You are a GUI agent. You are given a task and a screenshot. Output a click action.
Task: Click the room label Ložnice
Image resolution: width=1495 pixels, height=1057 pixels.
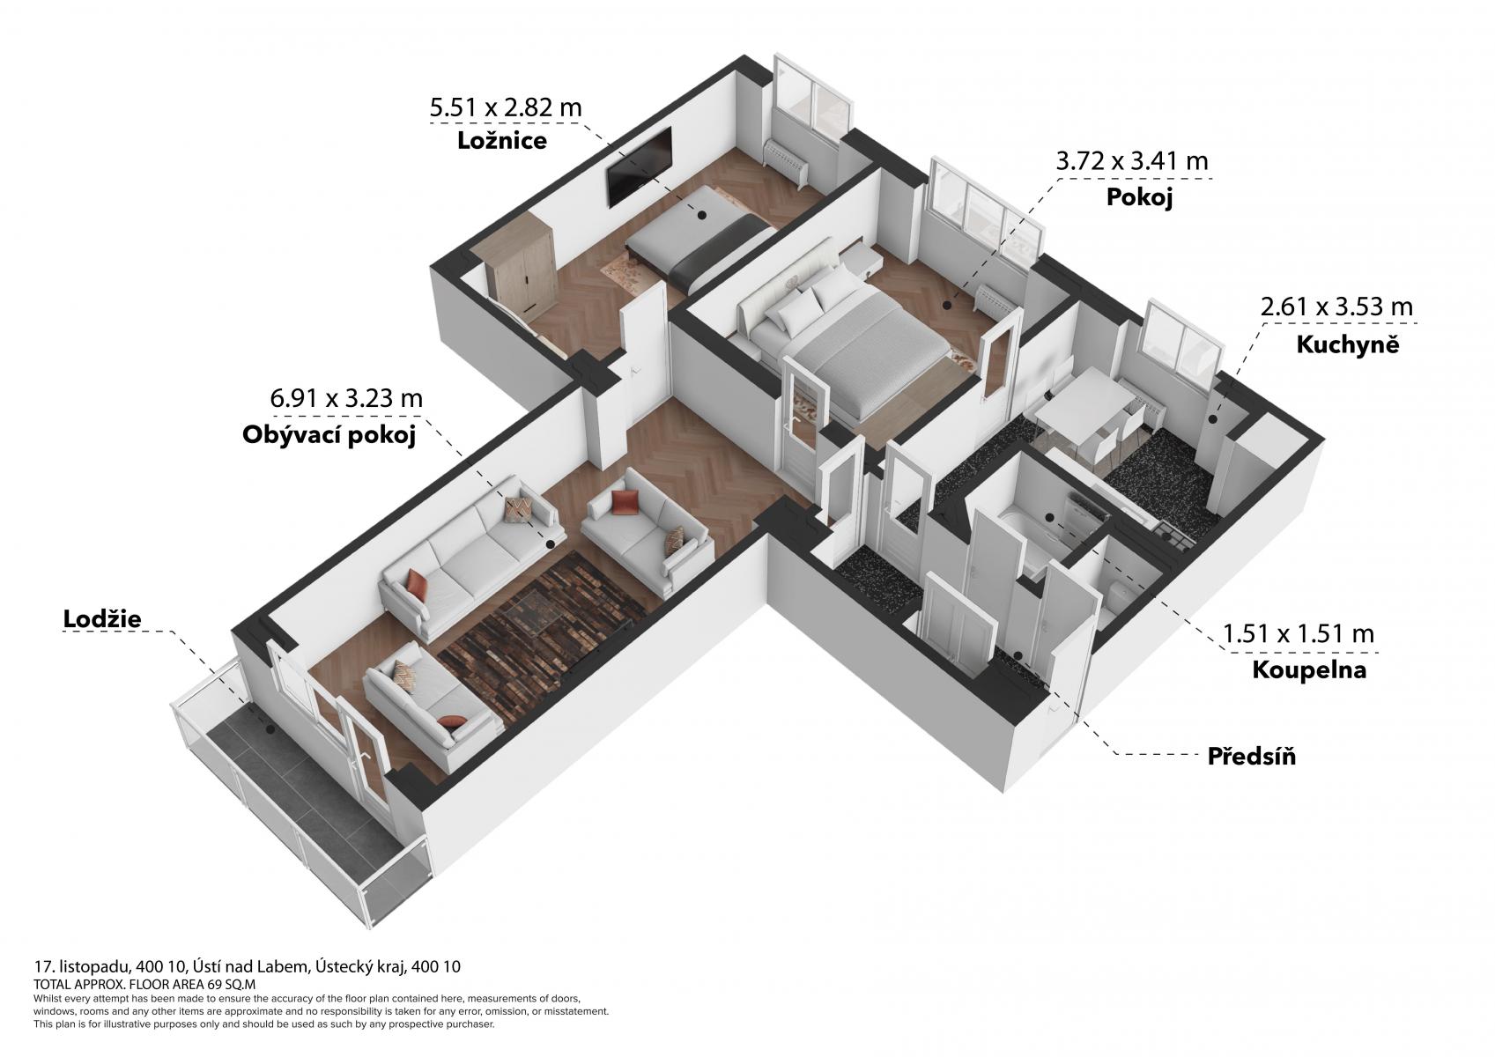tap(502, 141)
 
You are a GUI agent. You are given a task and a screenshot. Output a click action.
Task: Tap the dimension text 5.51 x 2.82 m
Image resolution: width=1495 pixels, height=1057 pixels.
tap(506, 107)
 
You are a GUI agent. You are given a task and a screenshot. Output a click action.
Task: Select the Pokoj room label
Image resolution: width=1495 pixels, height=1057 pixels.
tap(1139, 197)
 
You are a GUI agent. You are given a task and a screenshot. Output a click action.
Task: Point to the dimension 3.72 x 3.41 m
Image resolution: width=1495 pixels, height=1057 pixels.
tap(1132, 161)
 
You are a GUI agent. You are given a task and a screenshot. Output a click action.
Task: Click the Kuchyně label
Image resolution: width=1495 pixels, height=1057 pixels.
tap(1348, 344)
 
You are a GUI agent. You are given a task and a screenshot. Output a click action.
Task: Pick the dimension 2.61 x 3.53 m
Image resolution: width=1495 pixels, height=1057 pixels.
tap(1336, 307)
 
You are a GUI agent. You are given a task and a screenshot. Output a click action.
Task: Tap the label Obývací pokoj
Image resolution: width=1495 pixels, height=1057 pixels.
tap(329, 436)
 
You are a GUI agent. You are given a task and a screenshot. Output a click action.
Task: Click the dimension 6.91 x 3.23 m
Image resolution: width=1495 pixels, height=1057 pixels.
tap(346, 398)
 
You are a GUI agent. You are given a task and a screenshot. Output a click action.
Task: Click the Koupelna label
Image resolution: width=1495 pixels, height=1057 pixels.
tap(1309, 670)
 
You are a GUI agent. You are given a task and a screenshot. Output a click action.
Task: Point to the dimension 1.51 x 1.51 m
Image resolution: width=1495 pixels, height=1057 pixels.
tap(1299, 633)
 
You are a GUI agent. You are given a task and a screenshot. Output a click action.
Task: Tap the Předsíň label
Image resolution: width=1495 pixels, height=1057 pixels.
tap(1251, 756)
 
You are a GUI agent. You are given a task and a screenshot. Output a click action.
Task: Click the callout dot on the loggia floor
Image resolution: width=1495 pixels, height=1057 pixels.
tap(270, 729)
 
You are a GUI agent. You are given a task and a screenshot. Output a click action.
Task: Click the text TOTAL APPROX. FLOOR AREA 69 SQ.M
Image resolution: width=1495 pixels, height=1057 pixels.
tap(144, 984)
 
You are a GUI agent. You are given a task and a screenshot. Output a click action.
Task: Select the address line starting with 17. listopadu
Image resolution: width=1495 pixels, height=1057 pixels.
tap(247, 966)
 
